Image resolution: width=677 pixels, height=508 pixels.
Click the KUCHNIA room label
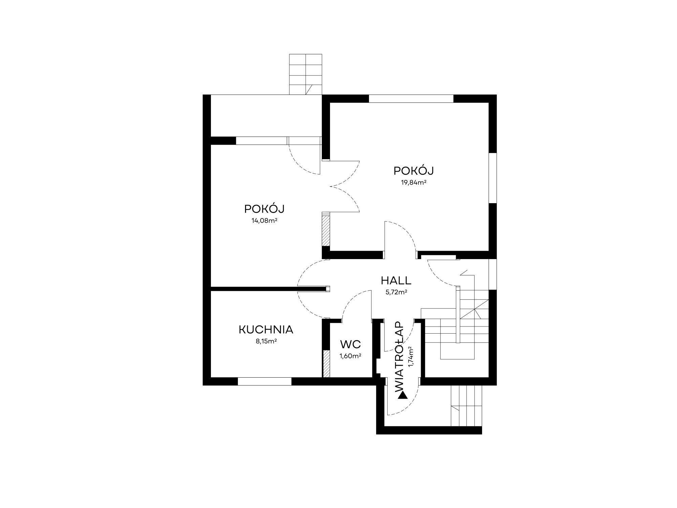[266, 330]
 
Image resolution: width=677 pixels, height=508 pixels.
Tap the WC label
[351, 344]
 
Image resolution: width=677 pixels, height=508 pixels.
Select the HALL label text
[396, 280]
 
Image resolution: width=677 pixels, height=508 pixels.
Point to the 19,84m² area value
[413, 183]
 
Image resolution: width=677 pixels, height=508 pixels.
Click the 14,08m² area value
[264, 221]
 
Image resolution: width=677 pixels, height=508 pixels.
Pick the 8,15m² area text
[266, 341]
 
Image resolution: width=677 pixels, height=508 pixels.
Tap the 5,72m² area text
[396, 292]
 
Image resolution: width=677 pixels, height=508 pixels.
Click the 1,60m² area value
[350, 356]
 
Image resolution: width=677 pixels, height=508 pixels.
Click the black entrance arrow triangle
[403, 395]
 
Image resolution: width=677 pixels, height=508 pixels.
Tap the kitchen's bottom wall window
[265, 381]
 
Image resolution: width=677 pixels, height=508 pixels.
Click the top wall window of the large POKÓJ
[411, 99]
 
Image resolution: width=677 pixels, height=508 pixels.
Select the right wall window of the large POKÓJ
[493, 178]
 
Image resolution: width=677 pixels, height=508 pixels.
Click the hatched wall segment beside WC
[326, 364]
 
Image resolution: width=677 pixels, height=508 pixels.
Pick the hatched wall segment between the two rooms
[326, 231]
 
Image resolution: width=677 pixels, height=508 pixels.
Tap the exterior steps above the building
[305, 74]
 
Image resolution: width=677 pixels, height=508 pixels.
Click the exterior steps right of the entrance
[466, 406]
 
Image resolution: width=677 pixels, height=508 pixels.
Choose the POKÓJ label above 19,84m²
[414, 171]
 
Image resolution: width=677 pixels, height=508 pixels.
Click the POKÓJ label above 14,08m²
[264, 209]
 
